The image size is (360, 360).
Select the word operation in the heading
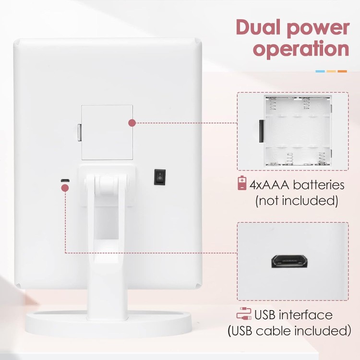coord(301,49)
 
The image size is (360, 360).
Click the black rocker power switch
coord(160,177)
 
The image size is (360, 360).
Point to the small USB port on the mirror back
coord(65,180)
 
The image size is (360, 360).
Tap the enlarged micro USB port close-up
coord(289,261)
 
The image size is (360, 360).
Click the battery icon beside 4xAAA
coord(242,183)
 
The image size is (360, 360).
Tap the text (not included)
coord(297,201)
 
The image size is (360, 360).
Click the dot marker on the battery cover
coord(132,123)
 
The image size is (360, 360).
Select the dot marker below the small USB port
coord(65,188)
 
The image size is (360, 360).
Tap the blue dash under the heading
coord(320,71)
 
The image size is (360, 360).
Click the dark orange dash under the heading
coord(342,71)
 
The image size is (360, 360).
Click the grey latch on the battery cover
coord(79,132)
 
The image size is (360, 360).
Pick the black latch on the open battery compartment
coord(261,131)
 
